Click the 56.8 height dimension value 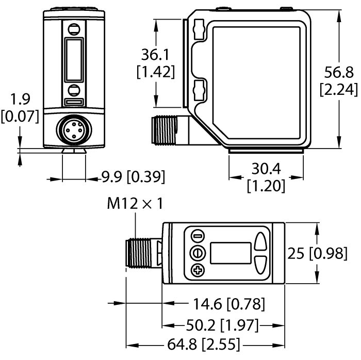point(339,71)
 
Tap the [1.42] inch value point(155,72)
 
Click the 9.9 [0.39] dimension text point(133,177)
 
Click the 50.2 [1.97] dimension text point(222,325)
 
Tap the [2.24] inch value point(339,89)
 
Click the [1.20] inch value point(266,185)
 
